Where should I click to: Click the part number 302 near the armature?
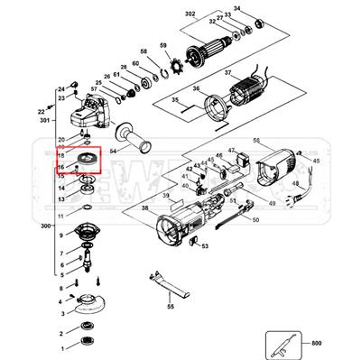[190, 16]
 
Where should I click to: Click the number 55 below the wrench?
[170, 307]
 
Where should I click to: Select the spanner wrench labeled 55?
[169, 283]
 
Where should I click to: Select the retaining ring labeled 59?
[165, 67]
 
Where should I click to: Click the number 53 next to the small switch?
[205, 244]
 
